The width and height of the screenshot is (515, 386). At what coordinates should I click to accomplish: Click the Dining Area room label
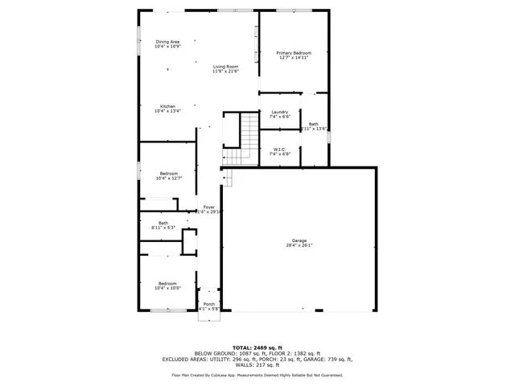(167, 42)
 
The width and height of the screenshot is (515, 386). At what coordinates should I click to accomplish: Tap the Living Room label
(225, 67)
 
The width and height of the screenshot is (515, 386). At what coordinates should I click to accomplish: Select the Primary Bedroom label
(294, 53)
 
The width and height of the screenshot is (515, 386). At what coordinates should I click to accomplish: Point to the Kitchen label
(167, 106)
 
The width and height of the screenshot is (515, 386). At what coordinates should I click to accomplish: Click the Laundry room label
(279, 112)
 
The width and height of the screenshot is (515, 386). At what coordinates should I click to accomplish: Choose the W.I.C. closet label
(279, 149)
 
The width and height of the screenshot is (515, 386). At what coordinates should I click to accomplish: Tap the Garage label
(299, 241)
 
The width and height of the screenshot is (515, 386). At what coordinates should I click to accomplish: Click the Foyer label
(208, 207)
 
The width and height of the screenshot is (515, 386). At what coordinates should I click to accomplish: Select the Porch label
(208, 303)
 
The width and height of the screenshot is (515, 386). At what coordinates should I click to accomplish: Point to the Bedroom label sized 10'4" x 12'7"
(168, 174)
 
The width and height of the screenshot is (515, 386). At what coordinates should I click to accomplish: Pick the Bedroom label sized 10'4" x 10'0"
(167, 283)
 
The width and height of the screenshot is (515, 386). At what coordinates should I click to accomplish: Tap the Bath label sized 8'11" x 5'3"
(163, 223)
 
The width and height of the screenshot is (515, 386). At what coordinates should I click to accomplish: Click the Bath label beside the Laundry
(313, 124)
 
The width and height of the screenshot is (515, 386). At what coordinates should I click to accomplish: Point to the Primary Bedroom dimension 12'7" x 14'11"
(294, 58)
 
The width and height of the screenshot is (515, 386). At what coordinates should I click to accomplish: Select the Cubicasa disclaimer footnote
(257, 375)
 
